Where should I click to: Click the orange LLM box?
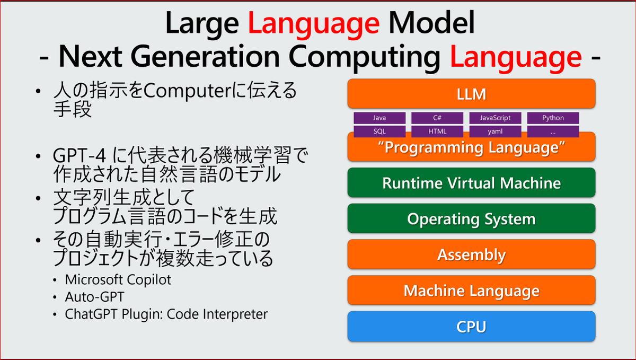tap(471, 94)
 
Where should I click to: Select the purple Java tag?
tap(379, 118)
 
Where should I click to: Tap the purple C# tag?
tap(437, 118)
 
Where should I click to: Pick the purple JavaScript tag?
tap(495, 118)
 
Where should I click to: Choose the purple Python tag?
tap(553, 118)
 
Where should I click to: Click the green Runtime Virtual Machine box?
tap(471, 183)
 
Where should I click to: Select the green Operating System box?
tap(471, 219)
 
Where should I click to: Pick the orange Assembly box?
tap(471, 255)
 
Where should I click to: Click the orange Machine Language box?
tap(471, 291)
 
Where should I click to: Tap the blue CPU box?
tap(471, 327)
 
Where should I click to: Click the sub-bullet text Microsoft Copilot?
tap(118, 279)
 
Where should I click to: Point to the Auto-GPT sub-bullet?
tap(94, 297)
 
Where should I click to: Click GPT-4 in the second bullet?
tap(81, 157)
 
